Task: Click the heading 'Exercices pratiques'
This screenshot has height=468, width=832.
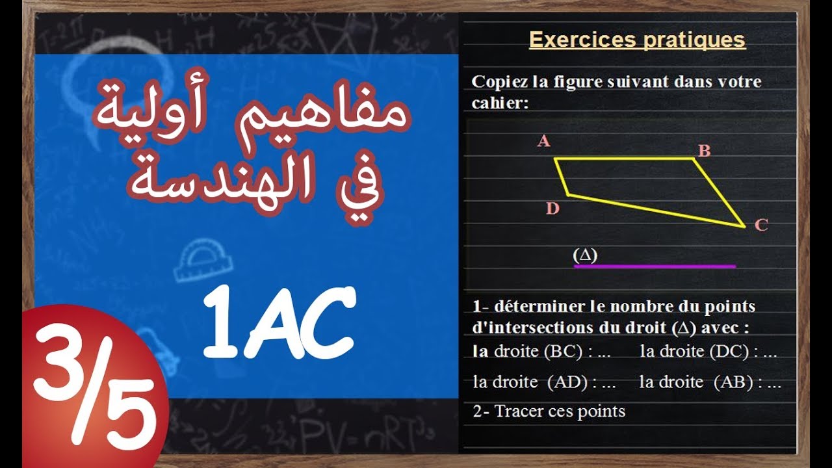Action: click(x=637, y=40)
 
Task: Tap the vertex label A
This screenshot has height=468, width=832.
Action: click(x=544, y=141)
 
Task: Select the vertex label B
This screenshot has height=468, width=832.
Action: click(x=704, y=151)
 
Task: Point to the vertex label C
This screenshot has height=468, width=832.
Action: click(x=761, y=226)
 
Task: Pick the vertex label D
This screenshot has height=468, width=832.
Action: click(x=552, y=209)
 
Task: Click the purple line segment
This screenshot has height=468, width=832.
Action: click(x=655, y=266)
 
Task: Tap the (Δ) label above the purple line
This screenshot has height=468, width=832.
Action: click(x=585, y=255)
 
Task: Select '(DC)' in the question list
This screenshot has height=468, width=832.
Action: click(x=733, y=352)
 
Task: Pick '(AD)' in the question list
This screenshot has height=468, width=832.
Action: click(x=567, y=382)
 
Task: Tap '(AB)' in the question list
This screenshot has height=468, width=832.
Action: click(x=738, y=382)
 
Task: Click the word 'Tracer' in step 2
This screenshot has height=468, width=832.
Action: click(x=515, y=411)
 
